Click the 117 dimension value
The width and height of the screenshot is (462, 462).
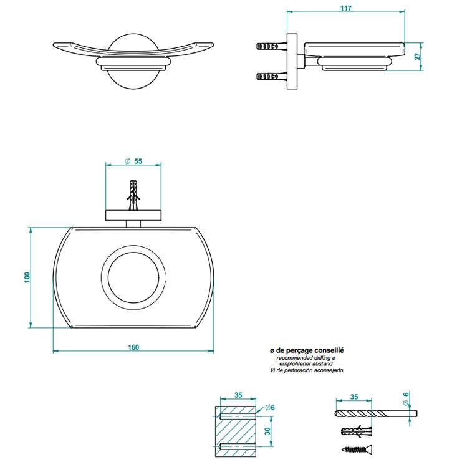tap(347, 8)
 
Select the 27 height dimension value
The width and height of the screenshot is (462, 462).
tap(417, 56)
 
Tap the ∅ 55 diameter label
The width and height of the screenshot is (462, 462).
tap(133, 161)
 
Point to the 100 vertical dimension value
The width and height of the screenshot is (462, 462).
tap(27, 277)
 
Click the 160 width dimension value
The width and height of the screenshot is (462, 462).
tap(133, 347)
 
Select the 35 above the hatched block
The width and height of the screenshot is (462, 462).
tap(238, 395)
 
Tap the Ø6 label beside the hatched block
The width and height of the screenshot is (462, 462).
tap(269, 407)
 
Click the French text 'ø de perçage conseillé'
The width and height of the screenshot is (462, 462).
tap(307, 351)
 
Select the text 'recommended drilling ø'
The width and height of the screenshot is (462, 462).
tap(306, 359)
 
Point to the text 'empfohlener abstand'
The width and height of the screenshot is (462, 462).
tap(306, 365)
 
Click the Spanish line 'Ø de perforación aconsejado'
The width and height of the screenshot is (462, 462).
tap(306, 371)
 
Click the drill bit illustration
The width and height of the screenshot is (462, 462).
tap(374, 413)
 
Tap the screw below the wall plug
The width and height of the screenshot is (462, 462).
tap(356, 449)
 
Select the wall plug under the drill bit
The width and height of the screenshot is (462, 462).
tap(356, 431)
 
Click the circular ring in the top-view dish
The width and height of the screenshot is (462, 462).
tap(134, 276)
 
